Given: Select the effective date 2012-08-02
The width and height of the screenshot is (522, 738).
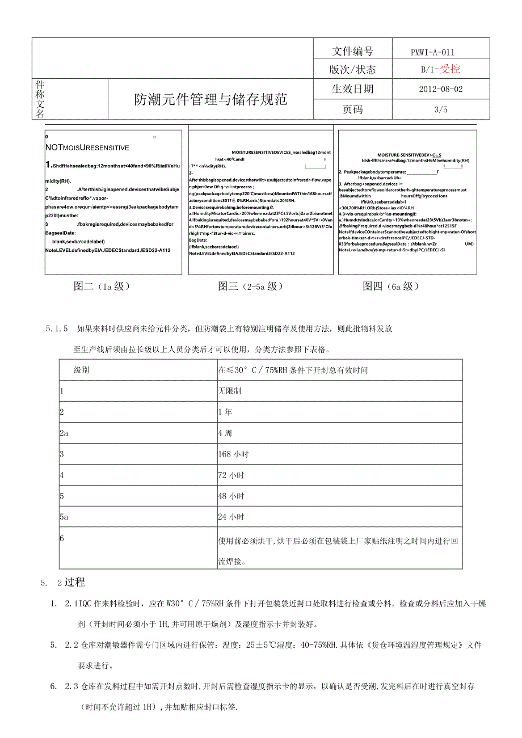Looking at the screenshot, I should [x=440, y=89].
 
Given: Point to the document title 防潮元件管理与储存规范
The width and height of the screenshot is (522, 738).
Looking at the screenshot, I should [x=211, y=100].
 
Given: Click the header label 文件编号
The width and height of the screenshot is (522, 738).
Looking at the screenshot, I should [x=352, y=52].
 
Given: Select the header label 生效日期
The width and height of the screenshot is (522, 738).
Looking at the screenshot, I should [x=352, y=89].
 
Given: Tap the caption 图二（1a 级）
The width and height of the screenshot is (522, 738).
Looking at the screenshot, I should [x=102, y=286].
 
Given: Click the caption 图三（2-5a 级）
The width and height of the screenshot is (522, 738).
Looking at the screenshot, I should [x=250, y=286].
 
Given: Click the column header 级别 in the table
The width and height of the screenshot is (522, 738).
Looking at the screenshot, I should [x=81, y=370].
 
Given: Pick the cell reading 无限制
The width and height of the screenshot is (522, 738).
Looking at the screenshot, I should [x=230, y=391].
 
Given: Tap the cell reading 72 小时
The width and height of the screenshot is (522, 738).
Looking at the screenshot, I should [x=231, y=475].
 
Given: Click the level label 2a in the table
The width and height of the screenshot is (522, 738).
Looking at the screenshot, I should [x=64, y=433].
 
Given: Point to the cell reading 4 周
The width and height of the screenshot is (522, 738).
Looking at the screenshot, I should [x=225, y=433].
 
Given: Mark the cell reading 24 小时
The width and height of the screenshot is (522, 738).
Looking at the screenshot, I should [x=231, y=517].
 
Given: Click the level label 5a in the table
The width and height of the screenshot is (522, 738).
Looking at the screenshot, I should [x=64, y=517].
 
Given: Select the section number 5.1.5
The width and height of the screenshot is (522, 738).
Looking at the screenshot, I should [x=57, y=328].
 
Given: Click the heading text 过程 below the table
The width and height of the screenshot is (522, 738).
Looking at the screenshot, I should [x=75, y=582].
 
